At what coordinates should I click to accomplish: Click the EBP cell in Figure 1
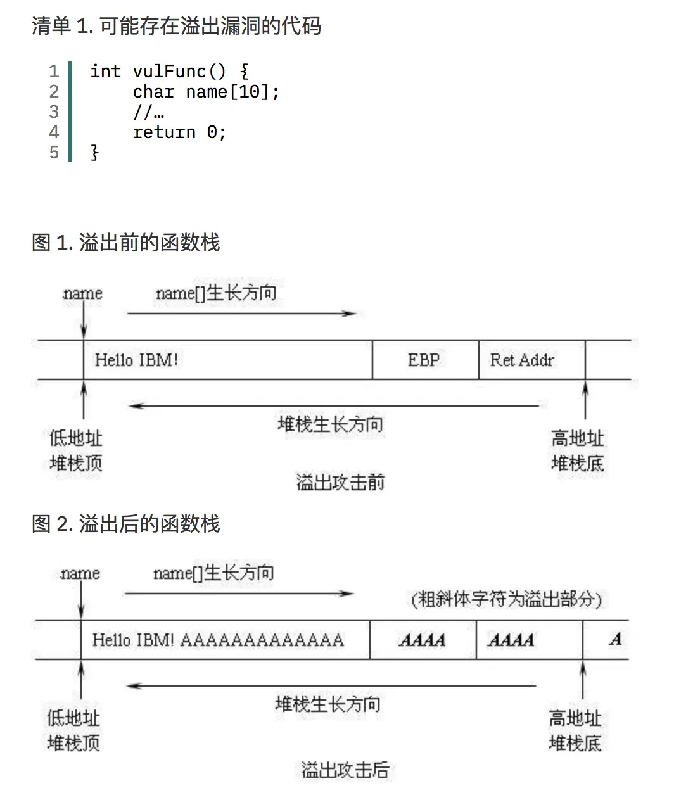[424, 360]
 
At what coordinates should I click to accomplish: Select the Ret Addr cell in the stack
[522, 360]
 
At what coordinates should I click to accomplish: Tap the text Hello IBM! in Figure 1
[136, 360]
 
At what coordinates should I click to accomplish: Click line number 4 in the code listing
[54, 132]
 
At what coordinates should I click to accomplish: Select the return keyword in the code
[164, 132]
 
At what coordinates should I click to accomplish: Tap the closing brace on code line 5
[95, 153]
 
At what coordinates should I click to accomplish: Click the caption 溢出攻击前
[340, 483]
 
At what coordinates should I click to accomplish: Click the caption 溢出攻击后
[345, 770]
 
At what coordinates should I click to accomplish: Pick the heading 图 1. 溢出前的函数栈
[125, 243]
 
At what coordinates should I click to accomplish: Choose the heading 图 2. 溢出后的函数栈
[125, 524]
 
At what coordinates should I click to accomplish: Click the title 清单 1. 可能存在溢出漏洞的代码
[176, 26]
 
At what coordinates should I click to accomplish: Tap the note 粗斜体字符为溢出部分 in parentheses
[507, 599]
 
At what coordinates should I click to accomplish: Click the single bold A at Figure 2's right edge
[615, 640]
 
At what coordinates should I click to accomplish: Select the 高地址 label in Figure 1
[577, 438]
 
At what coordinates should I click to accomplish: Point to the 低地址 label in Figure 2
[73, 718]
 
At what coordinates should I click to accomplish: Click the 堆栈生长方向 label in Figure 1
[330, 424]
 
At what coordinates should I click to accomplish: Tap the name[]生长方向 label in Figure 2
[213, 573]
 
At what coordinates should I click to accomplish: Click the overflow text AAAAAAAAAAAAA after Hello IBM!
[262, 640]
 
